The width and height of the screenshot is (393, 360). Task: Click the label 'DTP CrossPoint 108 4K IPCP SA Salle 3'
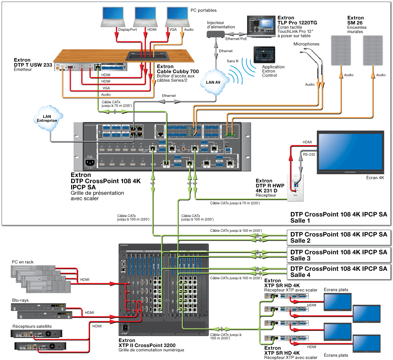[x=338, y=255]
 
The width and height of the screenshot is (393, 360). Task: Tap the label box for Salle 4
[x=338, y=272]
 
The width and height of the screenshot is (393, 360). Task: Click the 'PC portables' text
[x=204, y=10]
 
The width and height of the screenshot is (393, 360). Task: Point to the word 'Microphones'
[x=306, y=44]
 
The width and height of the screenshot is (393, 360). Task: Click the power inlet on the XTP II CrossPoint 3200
[x=126, y=327]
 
